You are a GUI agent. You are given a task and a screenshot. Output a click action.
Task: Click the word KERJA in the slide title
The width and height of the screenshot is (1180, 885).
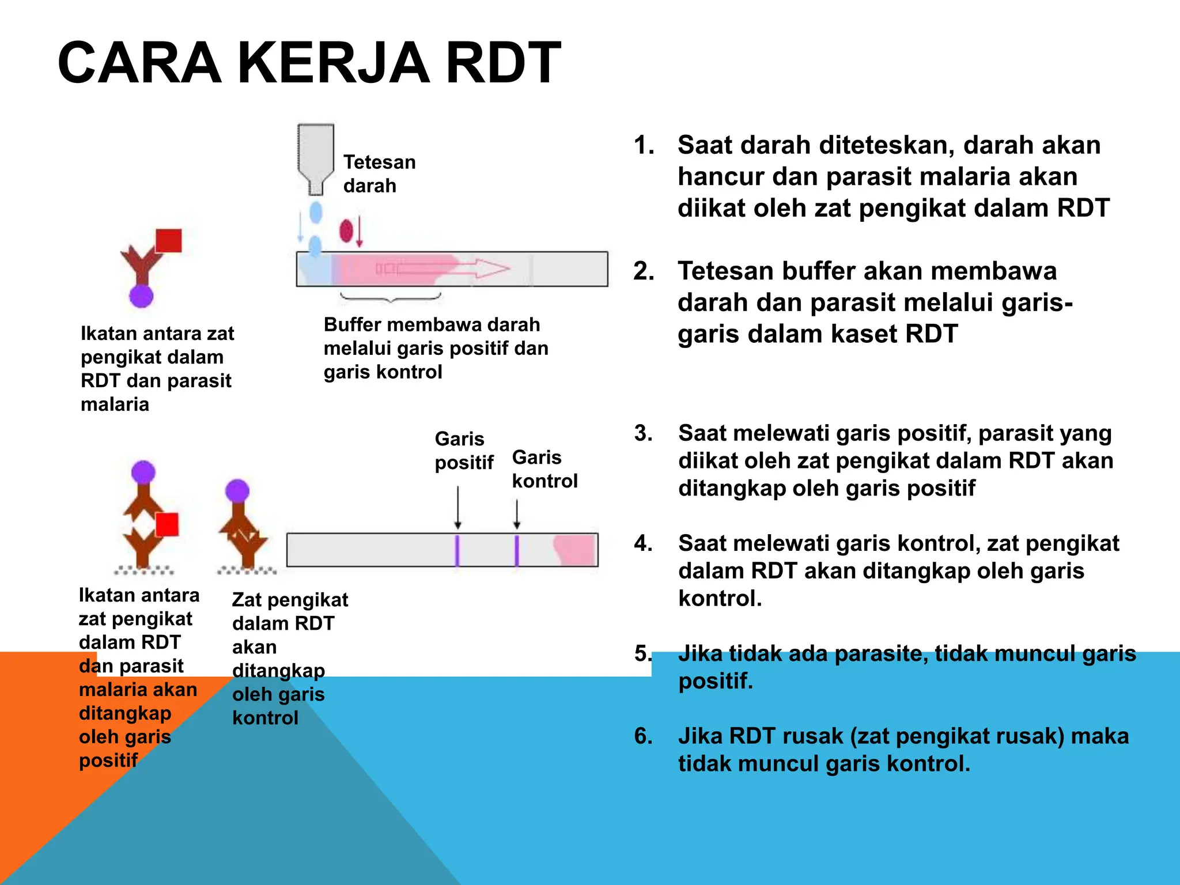333,63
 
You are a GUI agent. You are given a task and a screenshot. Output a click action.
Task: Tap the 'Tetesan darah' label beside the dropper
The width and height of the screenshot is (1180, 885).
379,173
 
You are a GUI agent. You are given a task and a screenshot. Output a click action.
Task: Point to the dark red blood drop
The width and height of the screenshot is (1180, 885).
346,230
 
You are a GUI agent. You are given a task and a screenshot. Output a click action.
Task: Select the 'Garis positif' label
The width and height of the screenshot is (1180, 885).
464,451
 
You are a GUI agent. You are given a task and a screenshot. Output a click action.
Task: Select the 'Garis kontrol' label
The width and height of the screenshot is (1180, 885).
544,469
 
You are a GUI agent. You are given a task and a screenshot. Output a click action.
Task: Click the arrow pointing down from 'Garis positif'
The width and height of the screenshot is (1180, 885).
458,507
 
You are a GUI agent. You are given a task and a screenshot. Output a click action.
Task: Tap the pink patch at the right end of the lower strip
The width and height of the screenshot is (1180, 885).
575,550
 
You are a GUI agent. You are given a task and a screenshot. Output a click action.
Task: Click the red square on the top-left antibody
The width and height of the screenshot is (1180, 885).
169,241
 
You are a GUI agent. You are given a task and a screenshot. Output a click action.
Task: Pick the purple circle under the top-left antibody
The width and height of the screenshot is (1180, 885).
141,296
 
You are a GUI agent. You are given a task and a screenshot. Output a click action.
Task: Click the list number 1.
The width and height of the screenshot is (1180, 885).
644,145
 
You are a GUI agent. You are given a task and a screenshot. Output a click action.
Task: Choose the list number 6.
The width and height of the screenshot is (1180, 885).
643,736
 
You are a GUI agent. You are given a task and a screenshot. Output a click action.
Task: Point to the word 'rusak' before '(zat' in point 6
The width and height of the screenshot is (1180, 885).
807,736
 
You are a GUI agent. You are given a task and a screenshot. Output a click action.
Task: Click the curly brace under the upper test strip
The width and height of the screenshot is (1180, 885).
391,297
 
